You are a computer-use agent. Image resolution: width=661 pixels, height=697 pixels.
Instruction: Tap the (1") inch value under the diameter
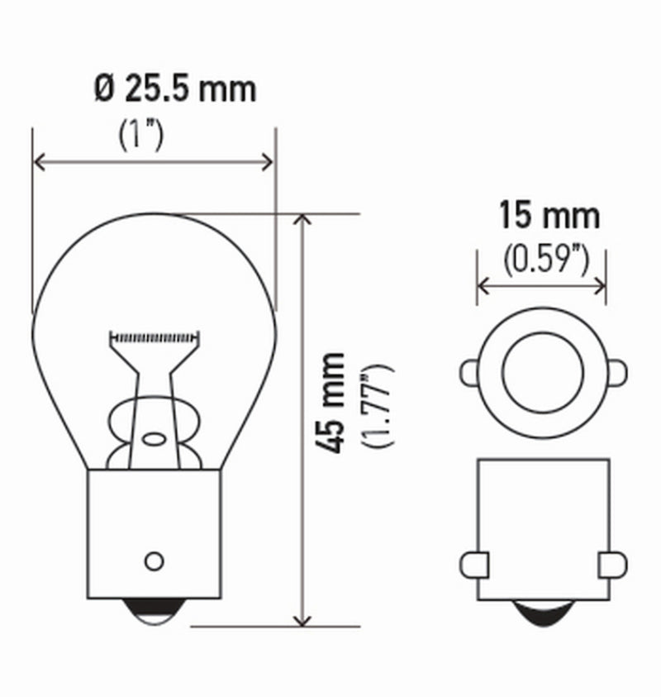(140, 136)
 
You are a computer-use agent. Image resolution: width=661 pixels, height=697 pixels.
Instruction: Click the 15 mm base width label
(548, 217)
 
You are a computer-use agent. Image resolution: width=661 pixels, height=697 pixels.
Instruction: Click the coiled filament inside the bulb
(156, 337)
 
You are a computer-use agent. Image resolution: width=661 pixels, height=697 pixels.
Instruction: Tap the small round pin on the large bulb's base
(154, 561)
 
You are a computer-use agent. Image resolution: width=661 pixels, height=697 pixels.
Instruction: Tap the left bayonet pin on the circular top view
(469, 372)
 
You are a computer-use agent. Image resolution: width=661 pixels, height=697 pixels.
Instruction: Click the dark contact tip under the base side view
(543, 614)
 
